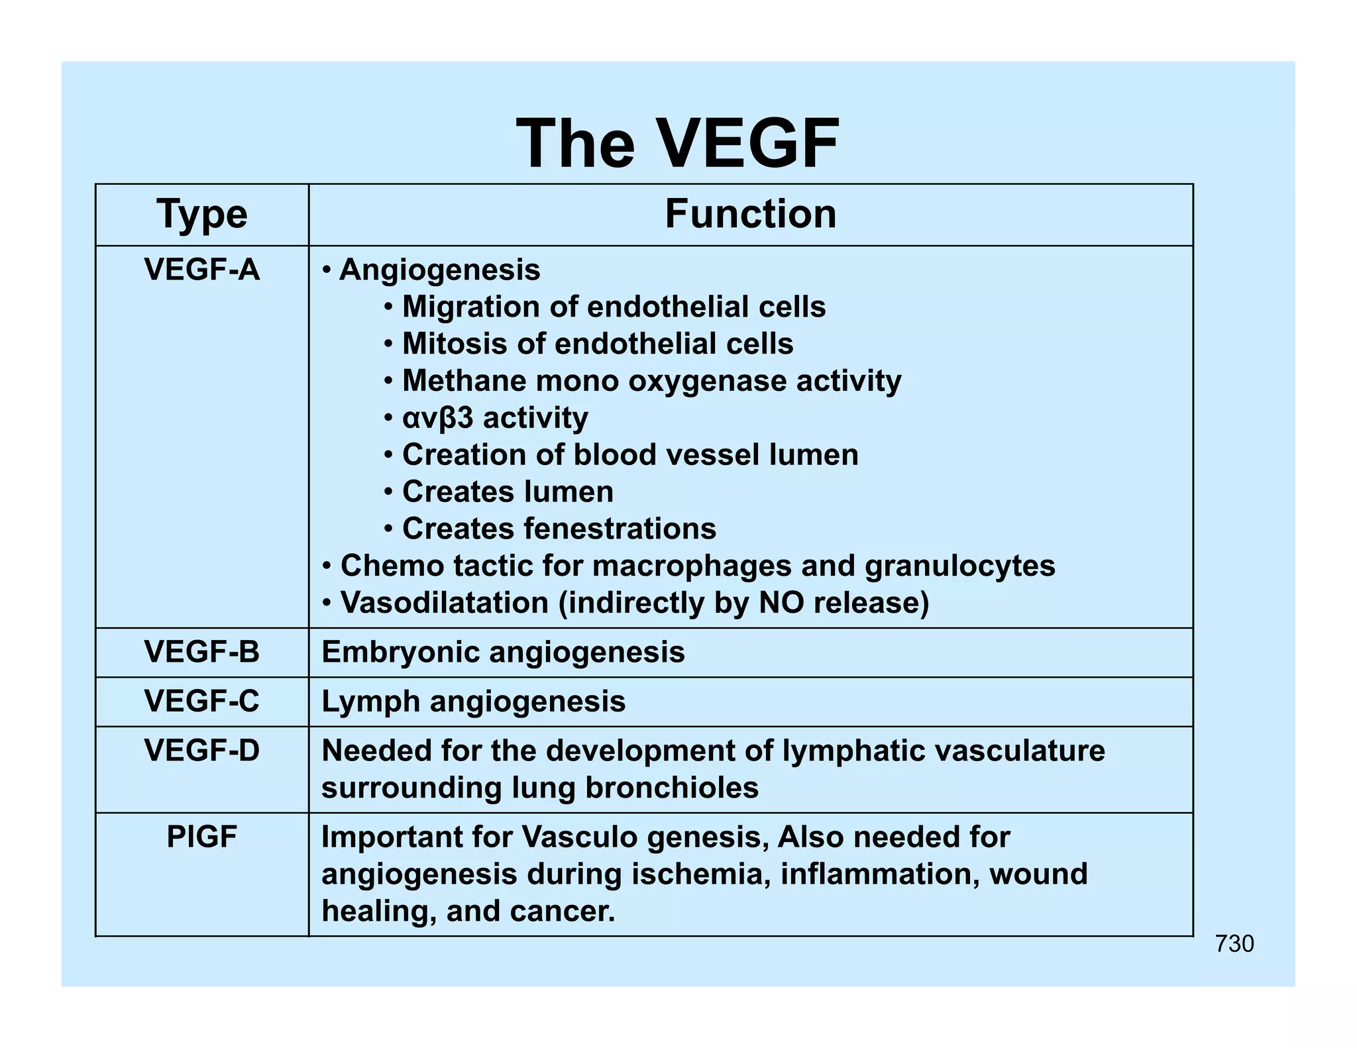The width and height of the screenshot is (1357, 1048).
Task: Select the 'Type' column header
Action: tap(201, 215)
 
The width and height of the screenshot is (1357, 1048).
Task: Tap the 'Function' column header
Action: tap(750, 215)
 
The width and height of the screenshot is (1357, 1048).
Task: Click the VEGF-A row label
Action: tap(201, 270)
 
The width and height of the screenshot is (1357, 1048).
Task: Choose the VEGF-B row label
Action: tap(201, 653)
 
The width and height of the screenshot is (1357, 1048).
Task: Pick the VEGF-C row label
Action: tap(201, 702)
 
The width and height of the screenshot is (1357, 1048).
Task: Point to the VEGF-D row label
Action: tap(201, 751)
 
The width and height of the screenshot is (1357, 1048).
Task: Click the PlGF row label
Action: tap(201, 837)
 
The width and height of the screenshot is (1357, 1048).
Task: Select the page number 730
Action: tap(1234, 944)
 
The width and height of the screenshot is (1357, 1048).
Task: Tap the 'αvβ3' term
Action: tap(438, 418)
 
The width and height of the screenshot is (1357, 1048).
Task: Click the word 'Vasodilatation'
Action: tap(444, 603)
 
